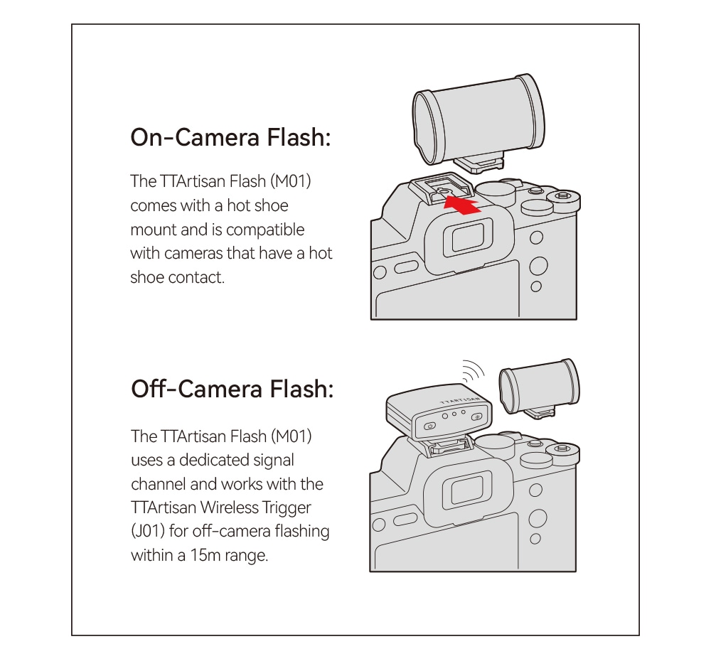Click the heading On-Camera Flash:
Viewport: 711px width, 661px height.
231,137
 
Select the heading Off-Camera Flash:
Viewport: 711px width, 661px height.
232,389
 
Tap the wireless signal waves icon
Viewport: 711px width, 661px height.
474,371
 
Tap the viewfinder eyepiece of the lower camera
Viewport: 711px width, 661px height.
466,491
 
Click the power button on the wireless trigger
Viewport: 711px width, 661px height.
430,426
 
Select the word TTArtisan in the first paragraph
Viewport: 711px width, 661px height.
192,181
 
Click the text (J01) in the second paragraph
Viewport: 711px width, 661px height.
147,531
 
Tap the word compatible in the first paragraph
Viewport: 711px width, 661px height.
264,230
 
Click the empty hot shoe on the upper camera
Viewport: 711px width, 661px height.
441,187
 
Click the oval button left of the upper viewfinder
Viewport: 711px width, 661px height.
407,267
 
